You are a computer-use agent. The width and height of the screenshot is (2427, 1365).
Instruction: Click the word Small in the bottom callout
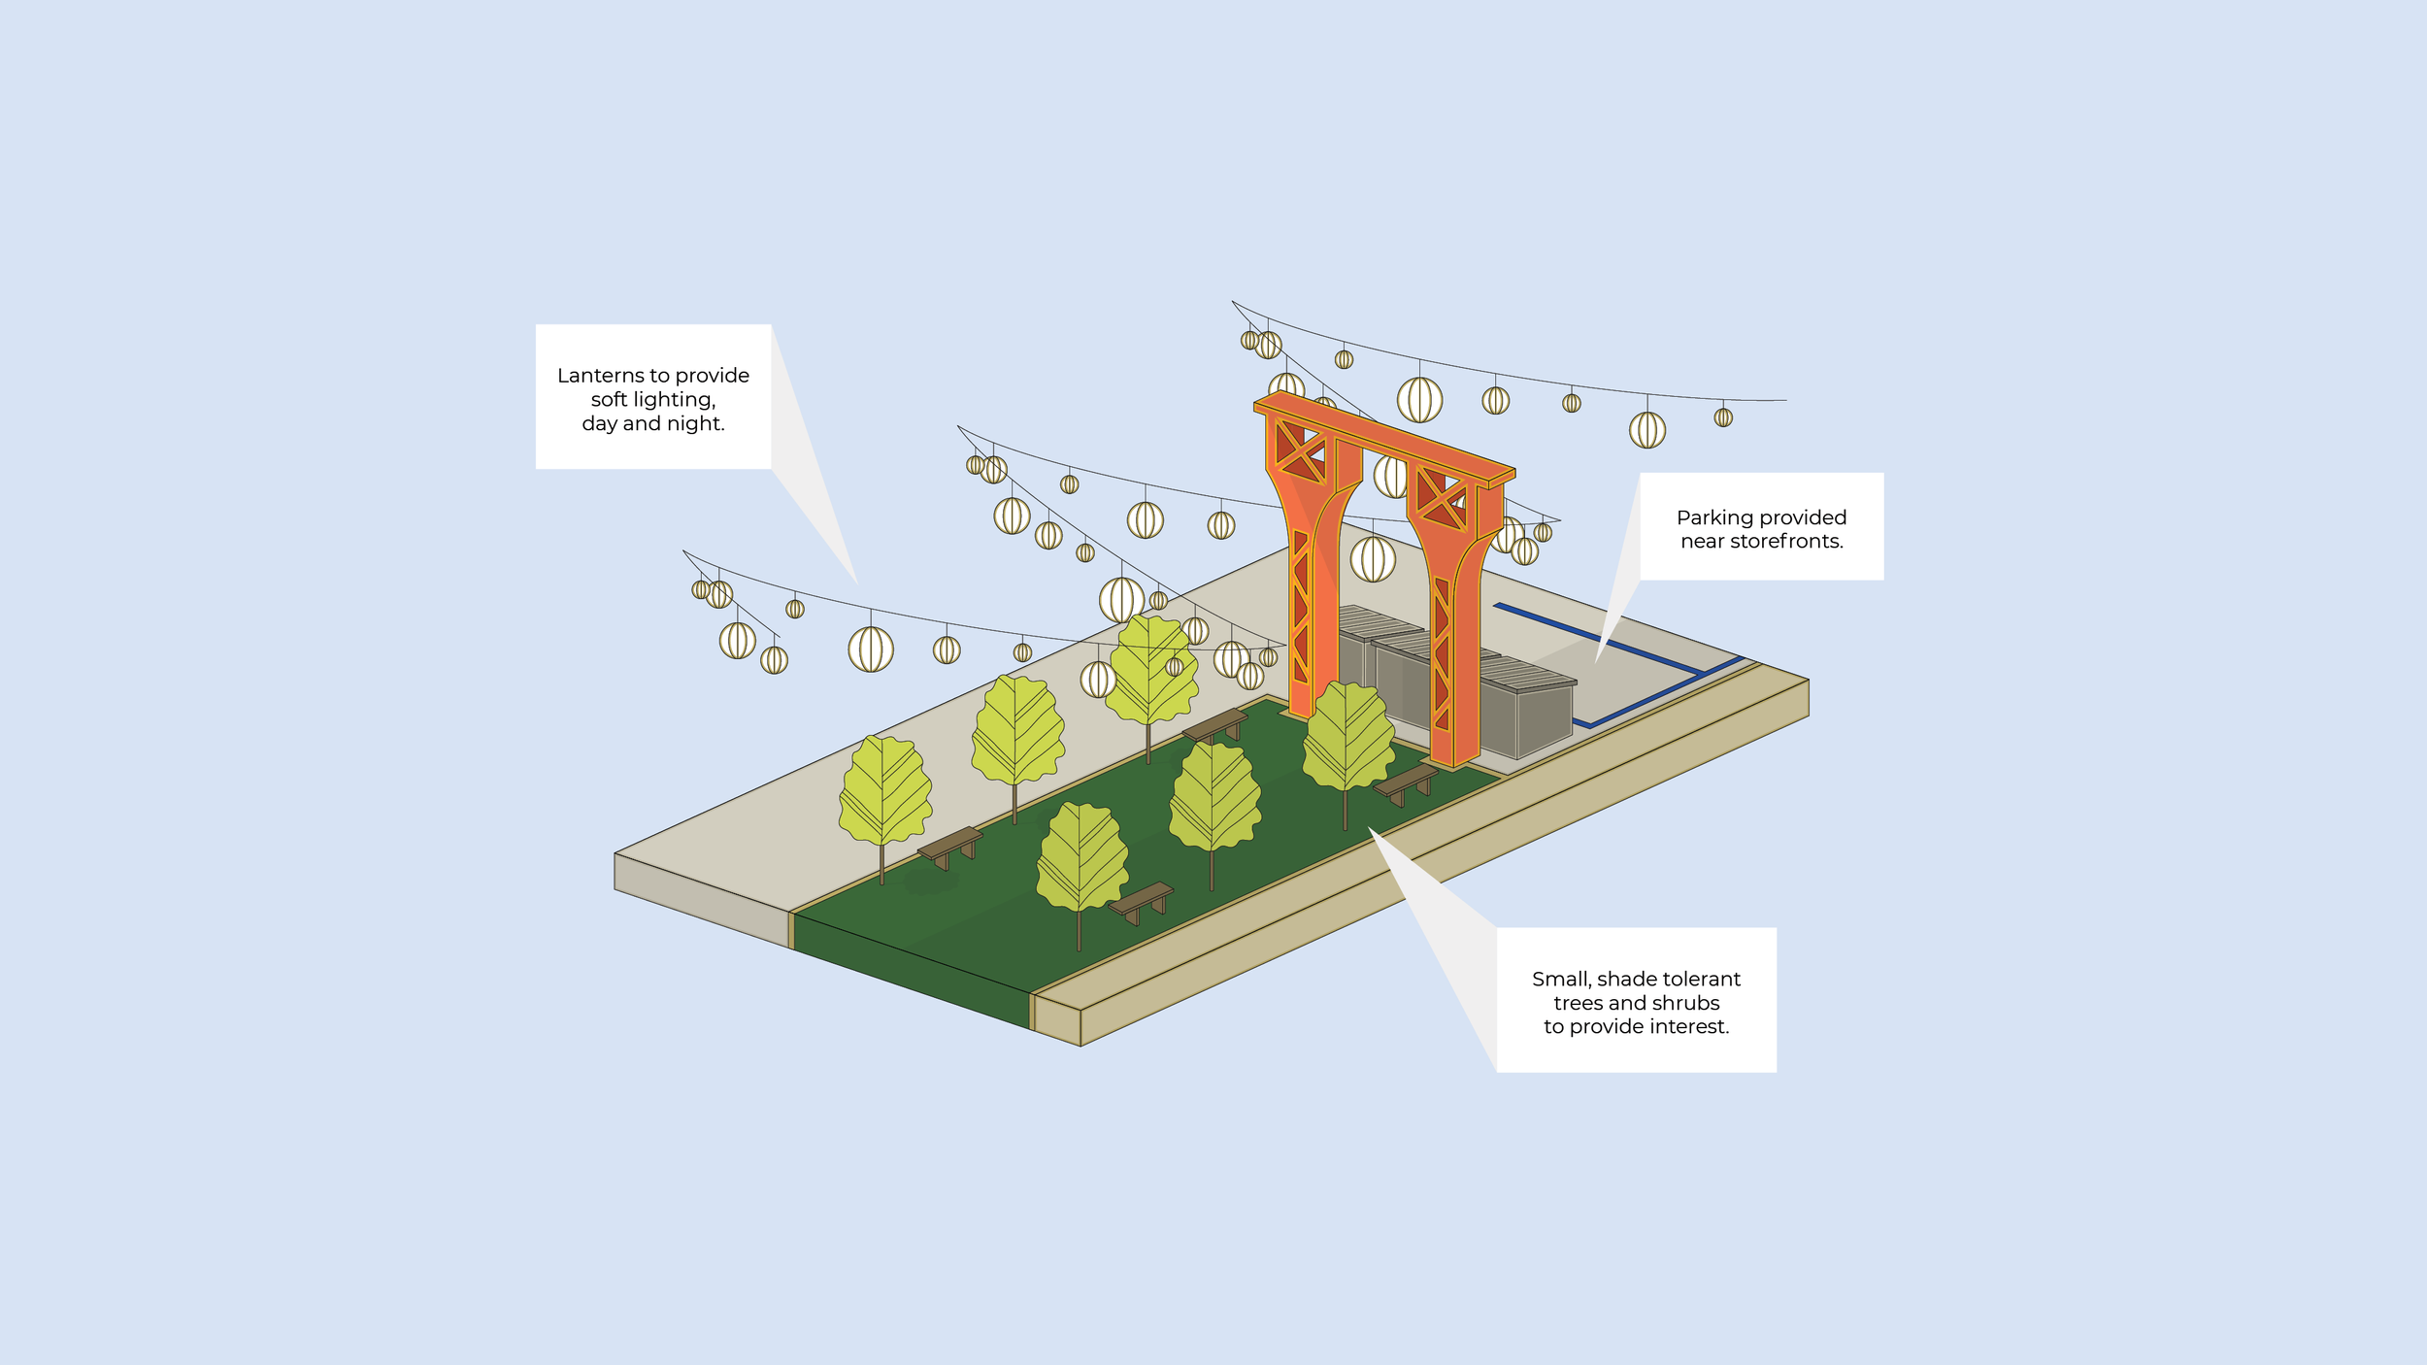click(1561, 980)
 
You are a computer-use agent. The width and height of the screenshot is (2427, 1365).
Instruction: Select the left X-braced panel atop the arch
click(1299, 451)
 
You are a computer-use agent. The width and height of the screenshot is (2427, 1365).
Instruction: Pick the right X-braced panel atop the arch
click(1441, 500)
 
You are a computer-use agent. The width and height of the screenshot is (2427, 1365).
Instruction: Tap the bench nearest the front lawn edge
click(1141, 900)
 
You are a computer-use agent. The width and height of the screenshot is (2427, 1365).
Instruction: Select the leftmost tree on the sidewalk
click(884, 791)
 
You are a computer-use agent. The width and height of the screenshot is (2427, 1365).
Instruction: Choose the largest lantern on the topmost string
click(1419, 399)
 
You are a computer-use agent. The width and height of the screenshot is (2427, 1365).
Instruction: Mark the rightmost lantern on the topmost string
click(1723, 417)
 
